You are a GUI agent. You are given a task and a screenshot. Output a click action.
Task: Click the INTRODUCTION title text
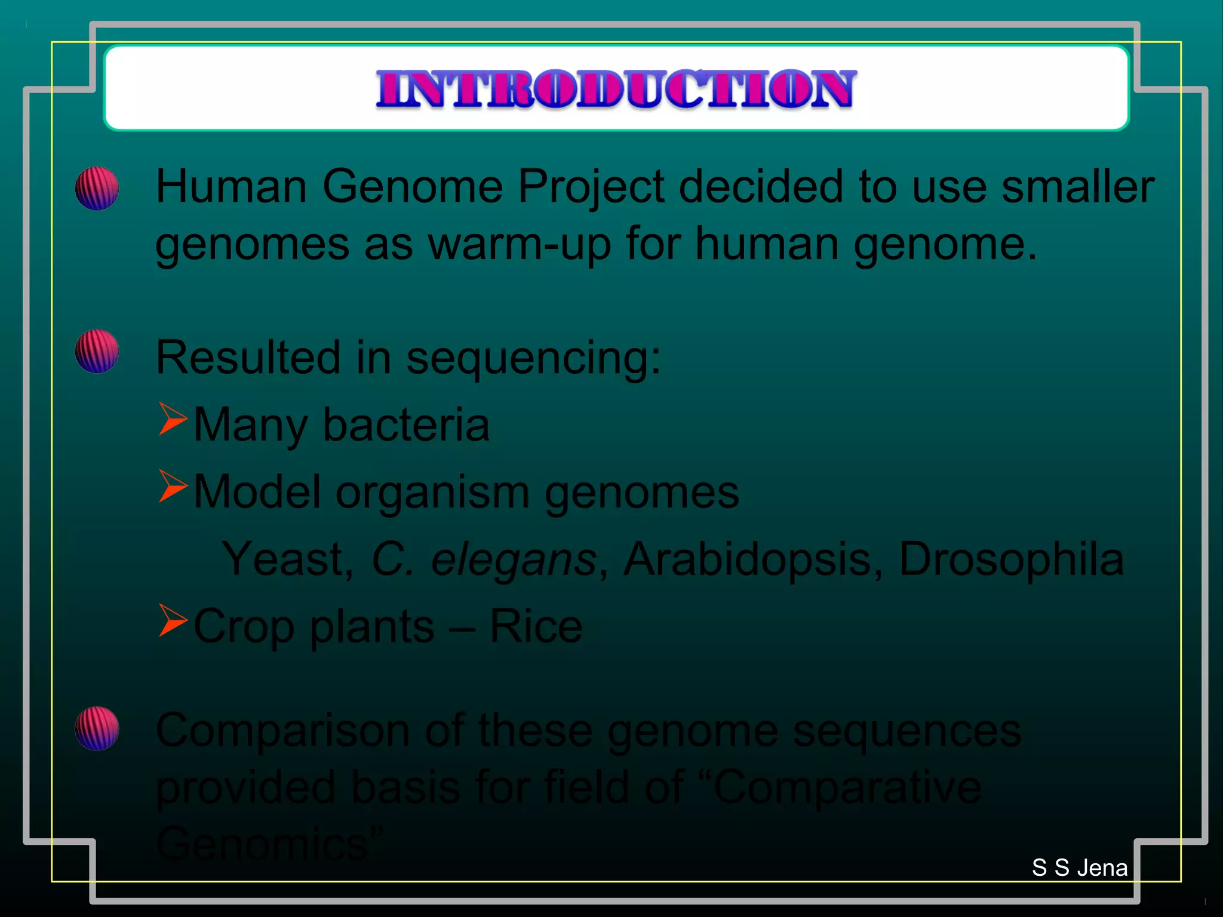[616, 89]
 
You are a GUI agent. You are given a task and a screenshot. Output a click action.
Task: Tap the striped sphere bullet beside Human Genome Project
[97, 189]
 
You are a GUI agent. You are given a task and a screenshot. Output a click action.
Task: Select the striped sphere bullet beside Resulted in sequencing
[97, 352]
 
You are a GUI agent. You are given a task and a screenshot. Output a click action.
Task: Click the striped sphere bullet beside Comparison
[97, 728]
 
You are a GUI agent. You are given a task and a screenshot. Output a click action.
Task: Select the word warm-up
[520, 245]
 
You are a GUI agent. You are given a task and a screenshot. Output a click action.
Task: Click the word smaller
[1077, 187]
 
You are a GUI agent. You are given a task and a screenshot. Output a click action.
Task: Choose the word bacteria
[406, 425]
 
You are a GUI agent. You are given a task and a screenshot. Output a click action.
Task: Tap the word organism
[432, 493]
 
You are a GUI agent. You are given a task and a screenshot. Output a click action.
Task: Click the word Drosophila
[1011, 560]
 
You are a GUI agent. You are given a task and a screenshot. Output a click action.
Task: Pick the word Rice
[536, 627]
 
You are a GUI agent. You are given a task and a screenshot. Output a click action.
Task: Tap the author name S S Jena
[1080, 868]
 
